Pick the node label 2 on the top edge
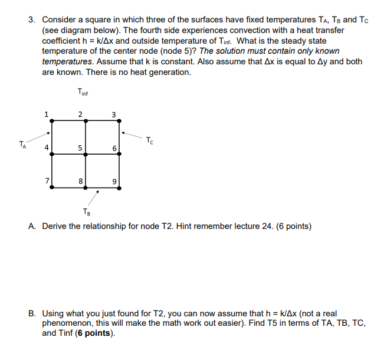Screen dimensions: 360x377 point(80,114)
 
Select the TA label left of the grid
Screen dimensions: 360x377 point(22,143)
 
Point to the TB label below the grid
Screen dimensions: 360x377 point(87,212)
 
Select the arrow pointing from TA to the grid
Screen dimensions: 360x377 point(40,137)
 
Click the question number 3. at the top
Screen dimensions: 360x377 point(32,19)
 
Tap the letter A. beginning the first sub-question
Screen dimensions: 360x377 point(32,226)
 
